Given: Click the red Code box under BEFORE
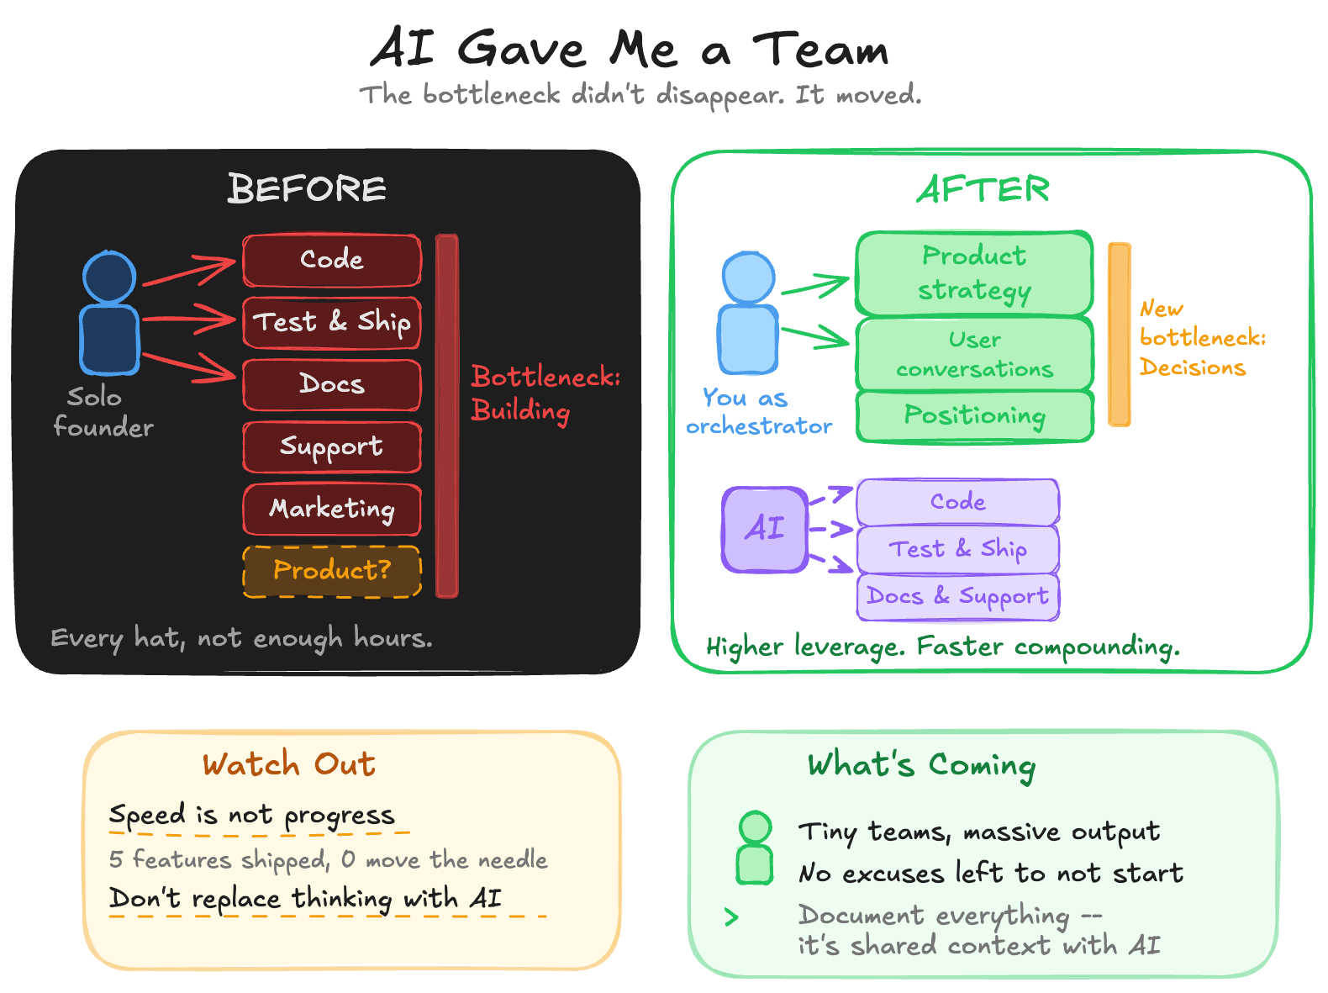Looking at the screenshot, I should (x=332, y=260).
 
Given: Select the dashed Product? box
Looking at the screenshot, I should (x=332, y=571).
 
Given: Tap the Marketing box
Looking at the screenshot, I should (x=332, y=509).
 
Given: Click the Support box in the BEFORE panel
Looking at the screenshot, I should (x=332, y=446).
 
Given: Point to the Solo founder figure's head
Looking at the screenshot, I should (x=109, y=277).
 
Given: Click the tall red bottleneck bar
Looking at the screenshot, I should (x=447, y=416).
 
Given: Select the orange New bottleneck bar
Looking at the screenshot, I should (x=1120, y=334).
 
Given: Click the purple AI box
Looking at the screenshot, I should (x=765, y=530).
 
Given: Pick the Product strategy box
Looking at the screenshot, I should (x=974, y=272).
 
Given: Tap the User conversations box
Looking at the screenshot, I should (x=974, y=354).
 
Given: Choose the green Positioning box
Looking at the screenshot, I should (x=974, y=415).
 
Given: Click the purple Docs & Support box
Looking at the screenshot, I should (x=957, y=597).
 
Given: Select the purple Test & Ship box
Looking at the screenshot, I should (x=957, y=549).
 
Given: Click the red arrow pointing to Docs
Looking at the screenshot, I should (x=190, y=367).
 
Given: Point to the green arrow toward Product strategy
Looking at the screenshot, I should (x=814, y=287).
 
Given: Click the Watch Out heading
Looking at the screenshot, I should (x=288, y=764).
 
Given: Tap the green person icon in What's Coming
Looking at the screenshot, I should (x=755, y=848).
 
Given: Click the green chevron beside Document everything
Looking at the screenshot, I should (x=731, y=916).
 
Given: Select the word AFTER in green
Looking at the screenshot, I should (x=983, y=189).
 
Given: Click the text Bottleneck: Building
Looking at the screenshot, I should (x=544, y=394).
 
